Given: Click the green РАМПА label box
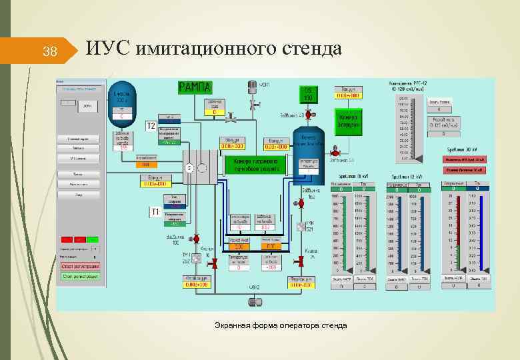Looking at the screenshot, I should click(x=195, y=87).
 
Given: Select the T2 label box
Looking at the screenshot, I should click(x=151, y=125).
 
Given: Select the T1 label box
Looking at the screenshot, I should click(x=153, y=212).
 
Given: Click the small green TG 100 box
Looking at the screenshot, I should click(x=308, y=93).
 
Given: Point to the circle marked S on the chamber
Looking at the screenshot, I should click(x=189, y=168).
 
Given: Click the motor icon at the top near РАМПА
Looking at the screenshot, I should click(x=252, y=87).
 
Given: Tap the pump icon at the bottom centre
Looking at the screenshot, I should click(x=254, y=301).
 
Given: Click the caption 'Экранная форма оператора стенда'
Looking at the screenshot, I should click(x=280, y=325).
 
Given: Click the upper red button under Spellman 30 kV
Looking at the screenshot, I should click(x=465, y=160).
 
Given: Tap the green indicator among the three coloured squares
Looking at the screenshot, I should click(x=93, y=239).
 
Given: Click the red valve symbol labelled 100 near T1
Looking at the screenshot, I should click(x=197, y=238).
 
